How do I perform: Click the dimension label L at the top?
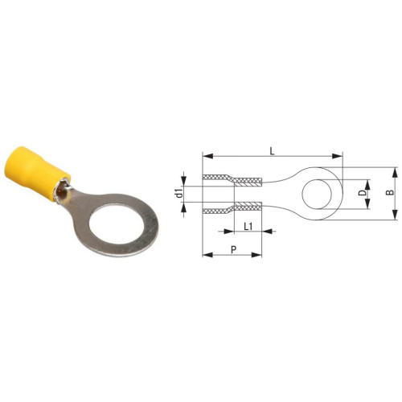[273, 152]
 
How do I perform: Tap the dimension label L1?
[248, 227]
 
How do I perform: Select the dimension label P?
[234, 249]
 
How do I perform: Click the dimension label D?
[362, 194]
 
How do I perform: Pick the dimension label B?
[390, 192]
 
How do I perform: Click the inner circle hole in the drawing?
[317, 194]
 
